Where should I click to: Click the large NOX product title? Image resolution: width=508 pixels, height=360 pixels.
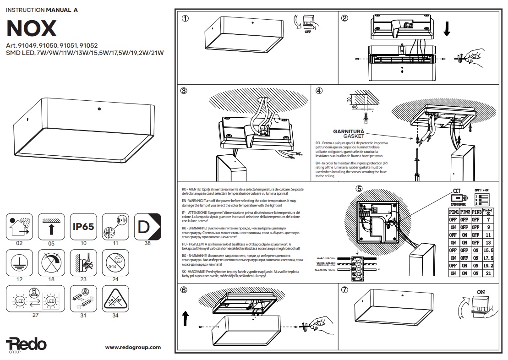click(32, 28)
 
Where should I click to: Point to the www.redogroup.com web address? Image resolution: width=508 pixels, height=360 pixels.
click(133, 348)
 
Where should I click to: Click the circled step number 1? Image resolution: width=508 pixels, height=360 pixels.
click(185, 19)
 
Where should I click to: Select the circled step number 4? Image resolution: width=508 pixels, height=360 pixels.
click(319, 91)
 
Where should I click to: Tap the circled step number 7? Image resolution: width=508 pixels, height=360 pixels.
click(344, 290)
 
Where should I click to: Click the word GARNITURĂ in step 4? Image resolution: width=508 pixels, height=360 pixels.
click(349, 131)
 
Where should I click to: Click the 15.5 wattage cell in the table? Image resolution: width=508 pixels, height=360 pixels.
click(488, 250)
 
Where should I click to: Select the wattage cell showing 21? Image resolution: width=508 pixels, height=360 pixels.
click(488, 273)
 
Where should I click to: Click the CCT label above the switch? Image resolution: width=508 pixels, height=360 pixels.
click(457, 191)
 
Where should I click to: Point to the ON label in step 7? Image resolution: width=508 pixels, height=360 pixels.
click(481, 291)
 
